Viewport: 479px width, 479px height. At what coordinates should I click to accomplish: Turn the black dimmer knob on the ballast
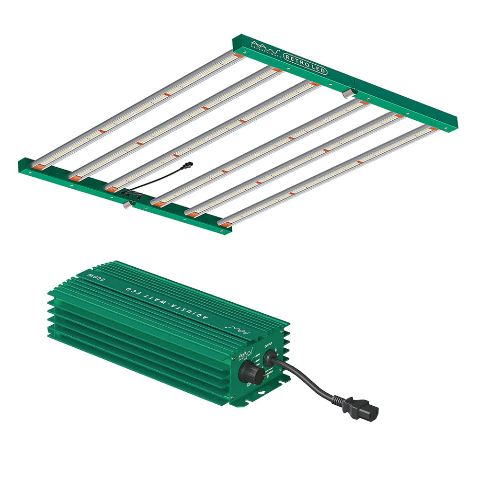[x=251, y=372]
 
